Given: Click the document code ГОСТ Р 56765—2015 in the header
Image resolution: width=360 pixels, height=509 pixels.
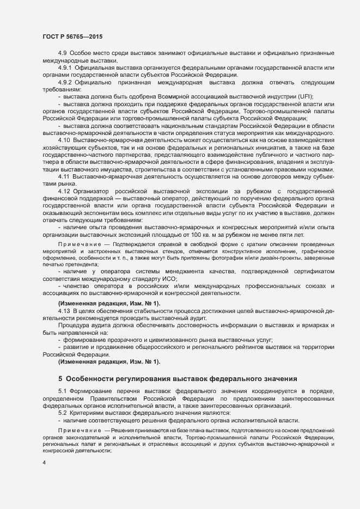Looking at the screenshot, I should (72, 36).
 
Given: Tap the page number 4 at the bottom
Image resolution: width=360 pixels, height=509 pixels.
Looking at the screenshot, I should (44, 463).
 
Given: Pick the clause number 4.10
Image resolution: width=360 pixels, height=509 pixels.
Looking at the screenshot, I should (64, 140).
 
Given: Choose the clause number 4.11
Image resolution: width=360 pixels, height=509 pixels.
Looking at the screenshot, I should (64, 176).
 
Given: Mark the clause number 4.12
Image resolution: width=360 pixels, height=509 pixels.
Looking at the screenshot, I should (64, 191).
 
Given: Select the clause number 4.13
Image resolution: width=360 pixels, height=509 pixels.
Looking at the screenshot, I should (64, 310).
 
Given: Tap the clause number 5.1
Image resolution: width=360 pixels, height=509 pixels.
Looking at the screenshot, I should (62, 391).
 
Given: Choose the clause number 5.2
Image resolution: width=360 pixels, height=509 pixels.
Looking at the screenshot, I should (62, 413).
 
